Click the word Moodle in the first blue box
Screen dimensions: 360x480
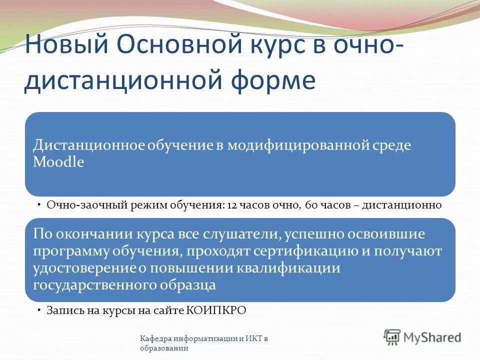[58, 162]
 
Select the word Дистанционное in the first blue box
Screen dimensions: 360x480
[89, 145]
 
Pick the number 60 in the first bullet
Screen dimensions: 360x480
[308, 205]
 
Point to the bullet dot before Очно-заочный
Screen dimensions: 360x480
[39, 205]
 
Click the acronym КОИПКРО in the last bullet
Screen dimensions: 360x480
[216, 310]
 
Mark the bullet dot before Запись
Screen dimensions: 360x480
[39, 310]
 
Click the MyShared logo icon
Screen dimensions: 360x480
[392, 337]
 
